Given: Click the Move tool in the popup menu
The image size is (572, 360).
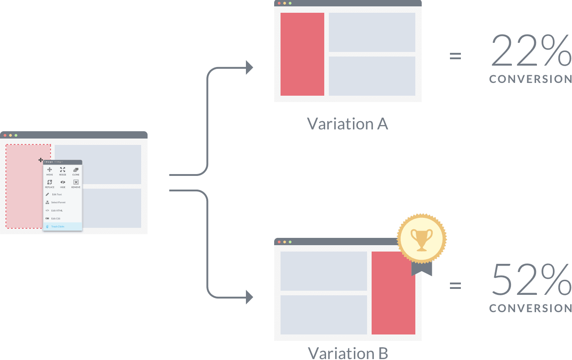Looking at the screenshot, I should (x=50, y=171).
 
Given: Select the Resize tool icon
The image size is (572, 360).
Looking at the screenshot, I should (x=62, y=171).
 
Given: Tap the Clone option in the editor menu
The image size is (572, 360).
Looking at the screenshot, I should (x=76, y=171).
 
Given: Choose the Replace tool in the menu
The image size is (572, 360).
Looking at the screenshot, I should (x=50, y=184).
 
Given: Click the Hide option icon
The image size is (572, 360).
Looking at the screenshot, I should (x=63, y=184).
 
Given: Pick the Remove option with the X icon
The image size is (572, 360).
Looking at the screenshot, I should (x=76, y=184).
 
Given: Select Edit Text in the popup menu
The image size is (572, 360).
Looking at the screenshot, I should (x=56, y=195).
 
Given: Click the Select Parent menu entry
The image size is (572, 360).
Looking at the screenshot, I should (x=58, y=202).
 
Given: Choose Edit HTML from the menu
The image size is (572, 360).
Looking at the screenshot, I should (x=57, y=211).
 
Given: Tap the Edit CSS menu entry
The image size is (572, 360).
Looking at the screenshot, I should (x=56, y=218).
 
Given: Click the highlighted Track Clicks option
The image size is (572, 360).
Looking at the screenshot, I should (x=58, y=226).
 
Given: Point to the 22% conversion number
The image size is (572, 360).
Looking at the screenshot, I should (x=531, y=51).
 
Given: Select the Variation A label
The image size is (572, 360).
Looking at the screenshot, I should (x=347, y=124).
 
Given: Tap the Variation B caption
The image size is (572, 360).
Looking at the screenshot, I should (x=347, y=353).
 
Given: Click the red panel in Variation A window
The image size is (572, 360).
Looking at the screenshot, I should (x=302, y=54).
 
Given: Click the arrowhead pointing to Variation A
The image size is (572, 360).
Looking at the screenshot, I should (x=249, y=67).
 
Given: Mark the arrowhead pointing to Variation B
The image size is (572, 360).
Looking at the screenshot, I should (x=249, y=298).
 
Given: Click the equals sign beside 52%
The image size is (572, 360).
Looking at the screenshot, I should (x=455, y=286).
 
